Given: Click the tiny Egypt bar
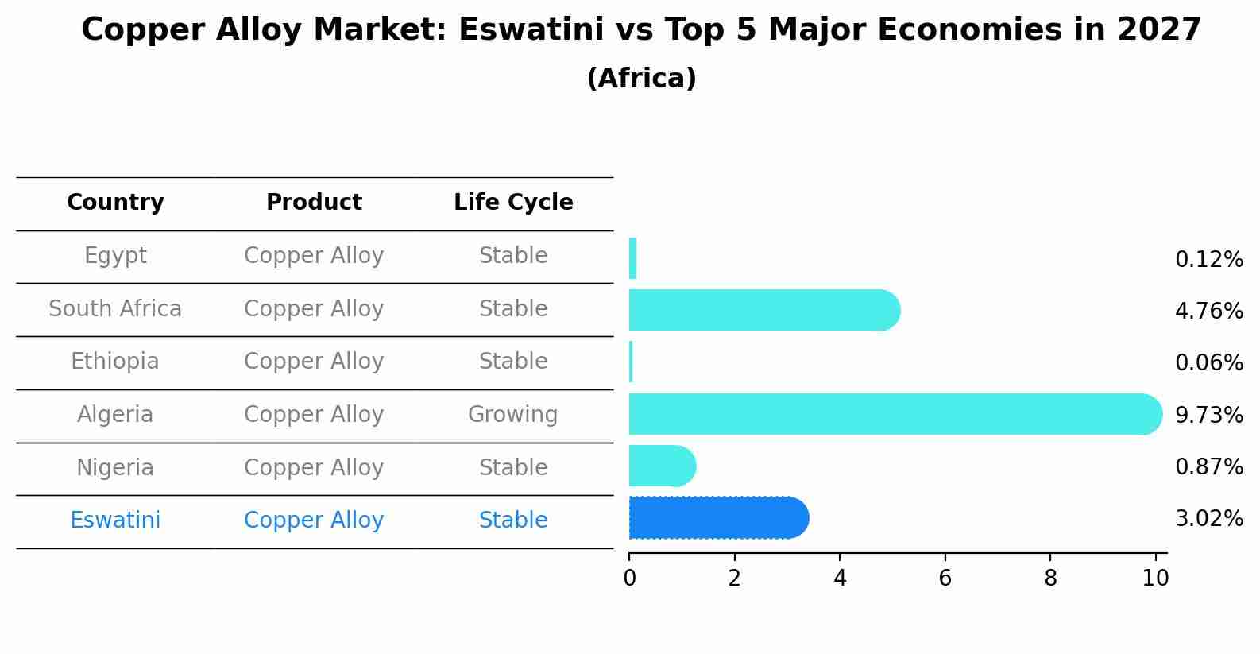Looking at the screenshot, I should point(632,258).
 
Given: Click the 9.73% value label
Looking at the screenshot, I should point(1208,415).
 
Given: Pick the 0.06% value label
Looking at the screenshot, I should point(1208,363).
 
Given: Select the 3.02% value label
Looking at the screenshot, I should point(1208,519).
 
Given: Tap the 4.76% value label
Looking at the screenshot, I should point(1208,311).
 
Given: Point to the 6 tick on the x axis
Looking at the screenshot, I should point(945,578).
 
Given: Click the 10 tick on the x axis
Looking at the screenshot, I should point(1155,578).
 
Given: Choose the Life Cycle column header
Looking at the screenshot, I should point(513,203).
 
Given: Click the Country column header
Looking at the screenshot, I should point(115,203).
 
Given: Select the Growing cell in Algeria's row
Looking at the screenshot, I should point(512,415).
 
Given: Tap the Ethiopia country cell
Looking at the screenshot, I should point(115,362).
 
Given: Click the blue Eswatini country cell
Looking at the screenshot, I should point(115,520).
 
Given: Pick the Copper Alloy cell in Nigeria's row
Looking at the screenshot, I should point(314,467).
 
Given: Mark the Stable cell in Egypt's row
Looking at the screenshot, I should point(512,256).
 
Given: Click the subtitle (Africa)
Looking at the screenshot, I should point(641,79).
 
